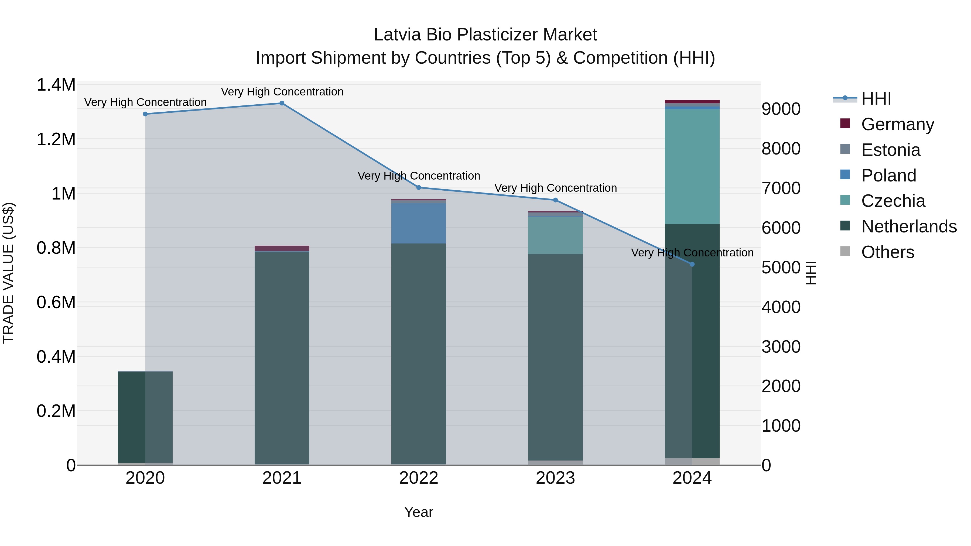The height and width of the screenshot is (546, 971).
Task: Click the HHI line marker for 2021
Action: pos(282,103)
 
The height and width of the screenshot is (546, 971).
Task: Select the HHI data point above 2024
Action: pos(692,265)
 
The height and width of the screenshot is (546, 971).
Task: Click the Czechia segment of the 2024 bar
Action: pos(692,167)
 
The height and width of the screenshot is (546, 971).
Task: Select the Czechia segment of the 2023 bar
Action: pos(555,235)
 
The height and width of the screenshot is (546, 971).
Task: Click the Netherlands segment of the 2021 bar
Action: pos(282,358)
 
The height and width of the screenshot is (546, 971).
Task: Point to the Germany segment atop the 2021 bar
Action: pos(282,248)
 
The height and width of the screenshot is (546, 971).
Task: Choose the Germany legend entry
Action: pos(897,124)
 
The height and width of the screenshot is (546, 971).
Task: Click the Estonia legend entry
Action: pos(890,150)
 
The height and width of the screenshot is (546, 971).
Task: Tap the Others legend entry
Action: pos(887,252)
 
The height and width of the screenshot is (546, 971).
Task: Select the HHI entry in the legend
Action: pos(876,99)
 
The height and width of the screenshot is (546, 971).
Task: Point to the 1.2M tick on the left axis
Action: pos(56,139)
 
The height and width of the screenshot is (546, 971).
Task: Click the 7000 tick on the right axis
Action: pos(781,188)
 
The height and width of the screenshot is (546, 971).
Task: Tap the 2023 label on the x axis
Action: pos(555,478)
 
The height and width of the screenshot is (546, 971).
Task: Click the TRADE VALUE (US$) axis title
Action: pos(8,273)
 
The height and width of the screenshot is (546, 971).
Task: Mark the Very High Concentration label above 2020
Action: pos(145,102)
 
